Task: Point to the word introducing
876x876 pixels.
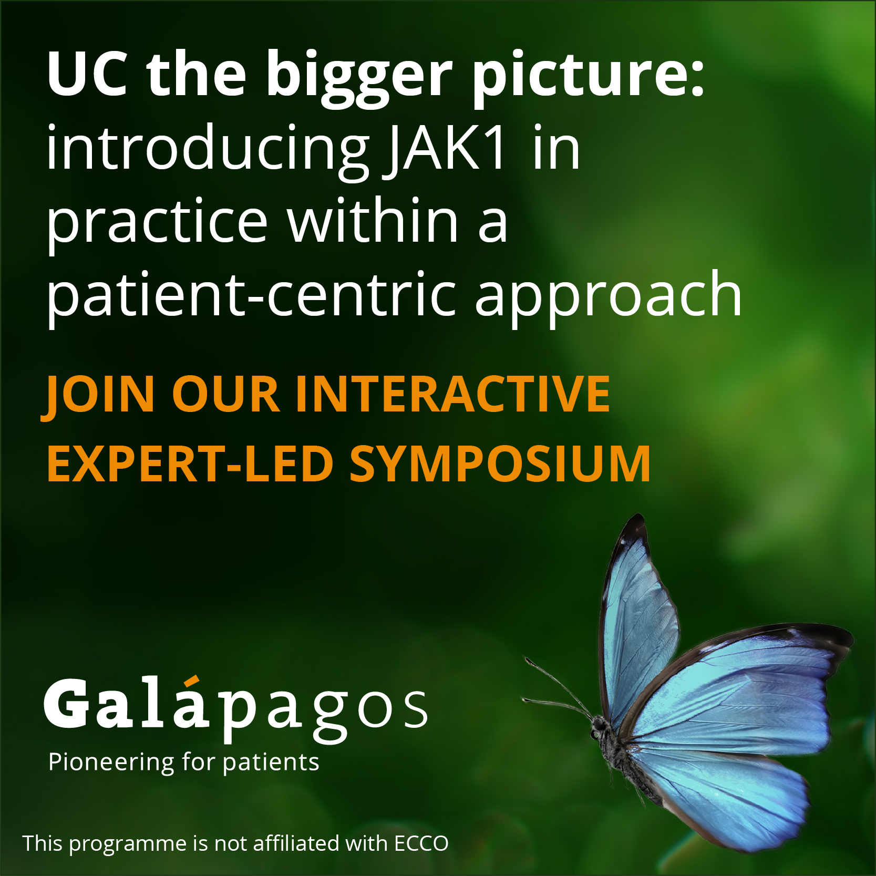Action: tap(208, 150)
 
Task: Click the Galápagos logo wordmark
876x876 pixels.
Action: tap(236, 709)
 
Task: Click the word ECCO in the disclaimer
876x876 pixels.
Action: tap(421, 843)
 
